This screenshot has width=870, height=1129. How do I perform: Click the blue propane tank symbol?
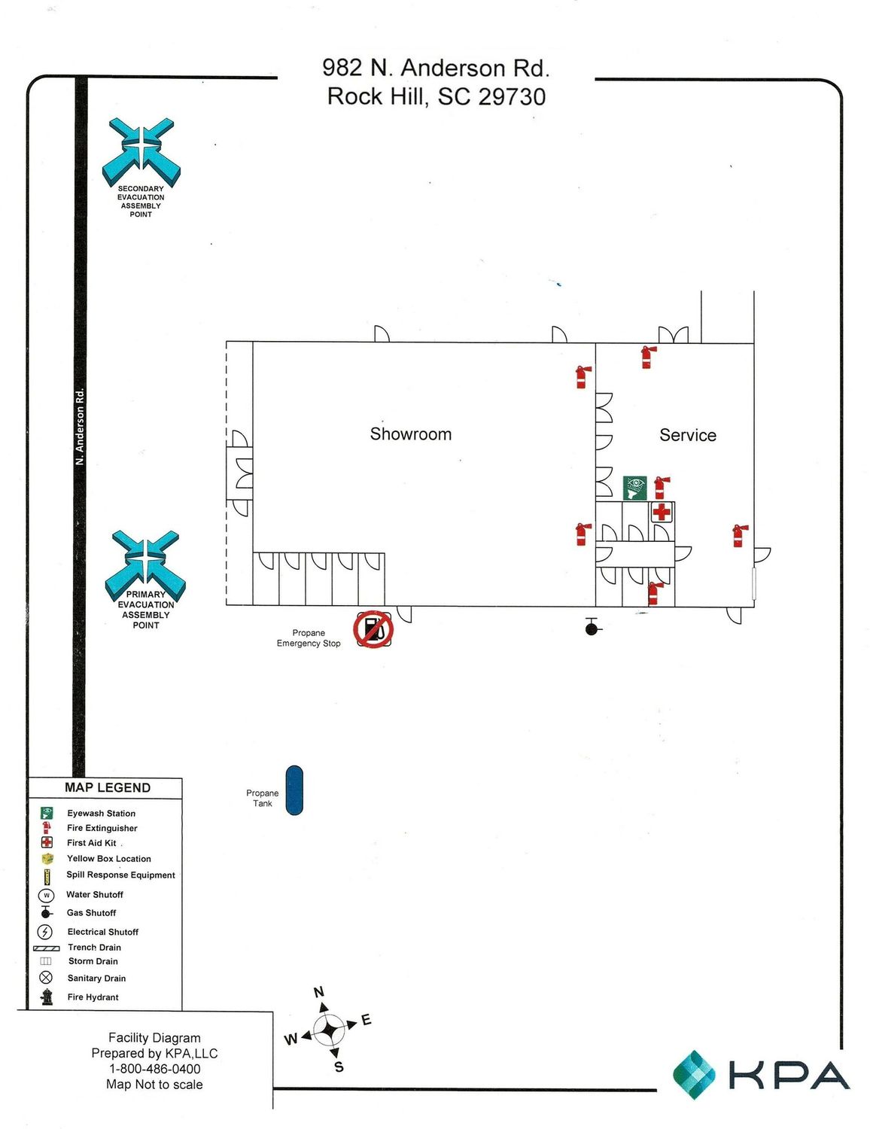294,790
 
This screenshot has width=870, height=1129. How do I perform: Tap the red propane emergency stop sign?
373,629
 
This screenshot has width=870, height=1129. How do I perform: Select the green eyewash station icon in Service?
634,488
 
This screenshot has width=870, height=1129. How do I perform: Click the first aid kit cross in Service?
662,513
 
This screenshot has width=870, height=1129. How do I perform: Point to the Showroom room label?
410,434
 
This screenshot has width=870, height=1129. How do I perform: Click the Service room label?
688,435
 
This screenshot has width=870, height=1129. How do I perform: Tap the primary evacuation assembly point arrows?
145,564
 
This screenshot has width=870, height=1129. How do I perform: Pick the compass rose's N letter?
319,992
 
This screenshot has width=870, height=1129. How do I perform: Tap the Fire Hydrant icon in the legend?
46,997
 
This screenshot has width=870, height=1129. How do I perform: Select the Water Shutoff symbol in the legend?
46,895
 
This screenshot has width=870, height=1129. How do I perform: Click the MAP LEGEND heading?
108,787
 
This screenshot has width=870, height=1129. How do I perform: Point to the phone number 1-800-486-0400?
155,1069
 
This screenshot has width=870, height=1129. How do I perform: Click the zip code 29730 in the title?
512,96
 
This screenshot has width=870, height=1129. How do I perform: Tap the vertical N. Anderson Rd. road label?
80,427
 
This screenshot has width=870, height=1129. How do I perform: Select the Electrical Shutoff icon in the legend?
46,932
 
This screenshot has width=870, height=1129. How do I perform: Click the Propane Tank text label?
263,798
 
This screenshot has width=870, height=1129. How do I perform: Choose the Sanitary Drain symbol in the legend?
46,977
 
